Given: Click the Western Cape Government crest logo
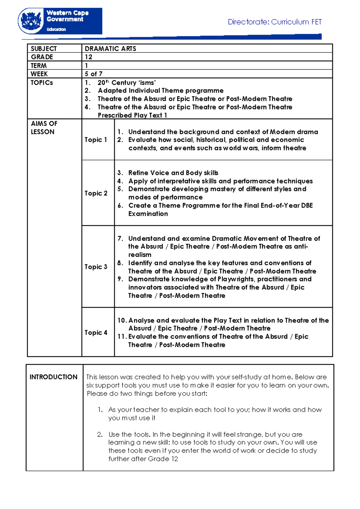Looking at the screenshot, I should (31, 21).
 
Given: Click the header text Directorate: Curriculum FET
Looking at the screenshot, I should (274, 22).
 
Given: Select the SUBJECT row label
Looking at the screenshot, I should (43, 49).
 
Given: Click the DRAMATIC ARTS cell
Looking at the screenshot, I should (110, 49).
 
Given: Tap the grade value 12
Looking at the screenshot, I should (88, 57).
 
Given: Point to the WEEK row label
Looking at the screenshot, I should (39, 74).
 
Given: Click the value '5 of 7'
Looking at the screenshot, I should (94, 74).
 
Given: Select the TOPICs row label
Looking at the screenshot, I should (42, 83).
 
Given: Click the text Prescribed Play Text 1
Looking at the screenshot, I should (132, 115).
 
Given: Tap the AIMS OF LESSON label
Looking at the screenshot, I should (44, 128).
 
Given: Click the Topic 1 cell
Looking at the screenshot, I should (96, 140).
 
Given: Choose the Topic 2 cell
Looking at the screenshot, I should (96, 193).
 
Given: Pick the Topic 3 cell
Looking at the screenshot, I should (96, 267).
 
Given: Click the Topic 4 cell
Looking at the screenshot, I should (96, 333).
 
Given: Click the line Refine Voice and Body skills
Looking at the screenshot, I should (173, 173).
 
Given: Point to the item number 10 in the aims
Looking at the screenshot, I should (121, 320).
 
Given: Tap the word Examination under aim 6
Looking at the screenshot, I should (148, 214).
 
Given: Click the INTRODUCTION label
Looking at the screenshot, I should (53, 377).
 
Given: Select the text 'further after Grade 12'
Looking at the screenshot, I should (143, 459).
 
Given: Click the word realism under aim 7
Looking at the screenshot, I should (139, 254).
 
